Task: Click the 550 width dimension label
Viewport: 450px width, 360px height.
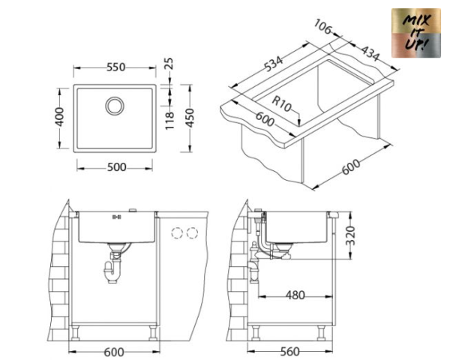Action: click(x=115, y=67)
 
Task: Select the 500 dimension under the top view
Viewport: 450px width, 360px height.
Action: click(x=115, y=167)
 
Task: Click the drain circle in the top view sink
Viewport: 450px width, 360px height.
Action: click(x=115, y=105)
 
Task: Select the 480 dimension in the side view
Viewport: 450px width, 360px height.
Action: click(x=294, y=295)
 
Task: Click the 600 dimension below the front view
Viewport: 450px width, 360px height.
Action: click(x=113, y=350)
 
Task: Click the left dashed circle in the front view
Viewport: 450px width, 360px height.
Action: click(x=178, y=232)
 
